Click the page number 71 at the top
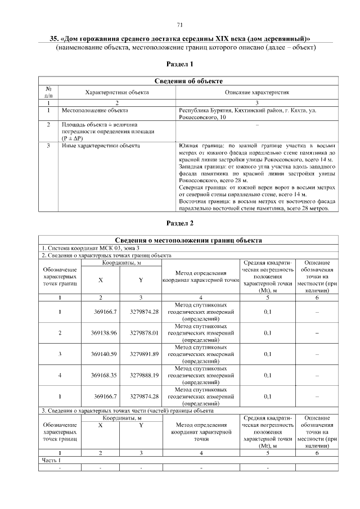(x=180, y=25)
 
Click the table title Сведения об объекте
(x=188, y=82)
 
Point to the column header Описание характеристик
(x=256, y=92)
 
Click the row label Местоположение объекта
(x=95, y=111)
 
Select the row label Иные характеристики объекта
(x=100, y=146)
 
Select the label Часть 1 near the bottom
(x=51, y=460)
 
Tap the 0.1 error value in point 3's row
(x=268, y=354)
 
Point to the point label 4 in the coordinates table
(x=60, y=375)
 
